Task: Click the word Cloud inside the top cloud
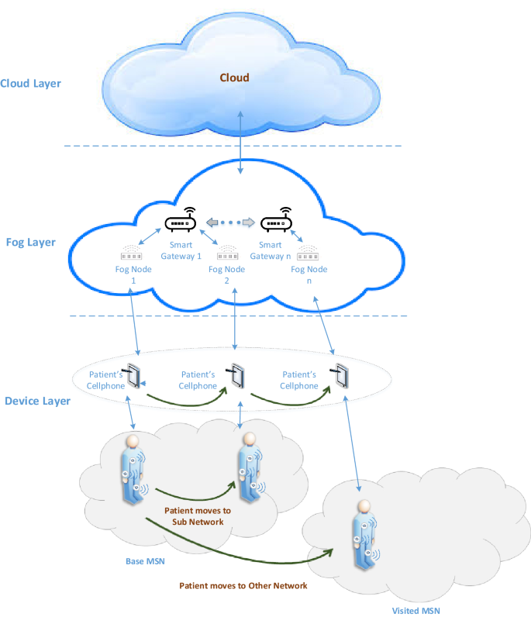pos(234,78)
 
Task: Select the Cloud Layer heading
pos(31,84)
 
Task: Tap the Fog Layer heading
pos(29,243)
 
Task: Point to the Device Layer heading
pos(36,402)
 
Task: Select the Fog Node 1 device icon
pos(129,253)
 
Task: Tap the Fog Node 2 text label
pos(227,274)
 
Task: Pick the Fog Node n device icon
pos(320,253)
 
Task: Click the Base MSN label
pos(145,560)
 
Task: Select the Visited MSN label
pos(415,610)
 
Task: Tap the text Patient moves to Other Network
pos(243,585)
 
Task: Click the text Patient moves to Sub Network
pos(198,516)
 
